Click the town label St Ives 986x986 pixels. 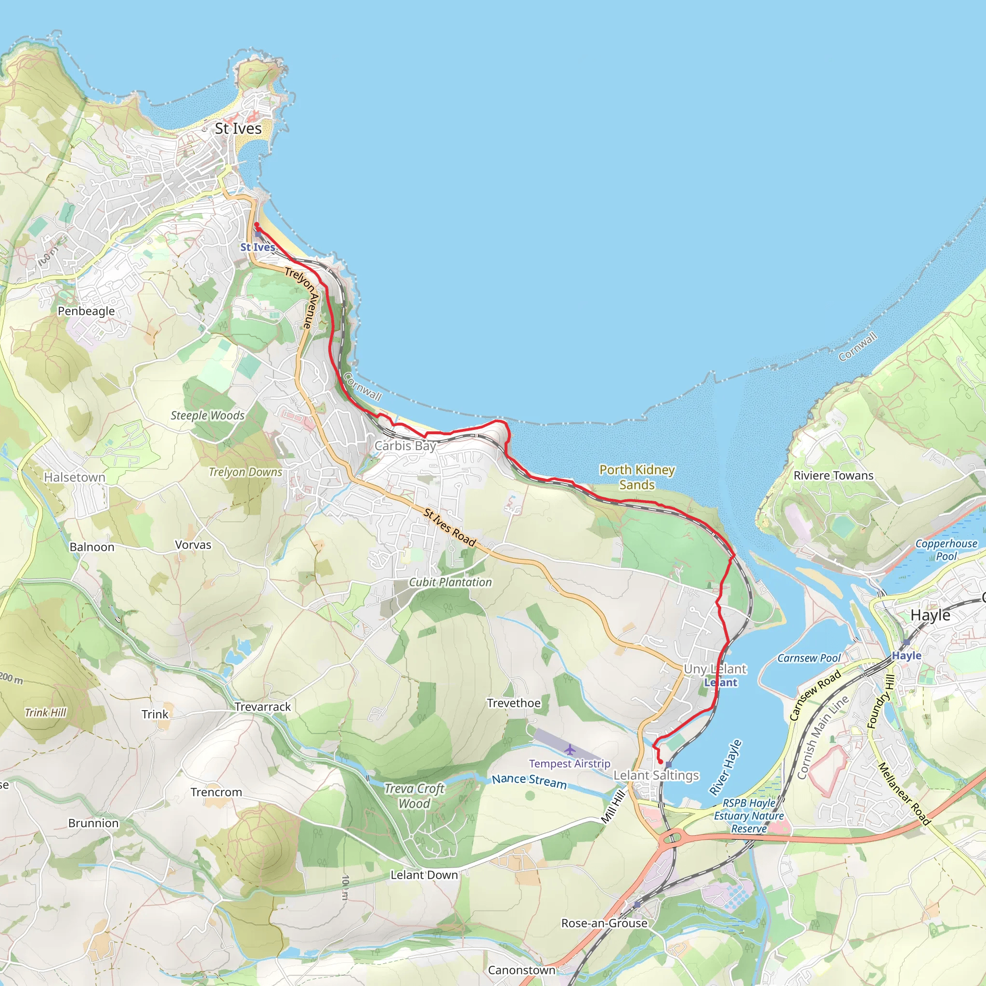tap(238, 129)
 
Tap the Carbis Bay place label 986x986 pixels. tap(405, 445)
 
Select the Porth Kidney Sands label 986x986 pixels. tap(637, 477)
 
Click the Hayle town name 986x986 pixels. tap(930, 615)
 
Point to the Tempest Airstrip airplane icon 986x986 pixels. tap(570, 750)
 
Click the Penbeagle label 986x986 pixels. tap(86, 311)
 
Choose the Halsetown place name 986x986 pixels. tap(75, 477)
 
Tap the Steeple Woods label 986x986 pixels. tap(208, 415)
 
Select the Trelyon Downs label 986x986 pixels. tap(246, 472)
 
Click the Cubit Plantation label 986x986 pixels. tap(451, 583)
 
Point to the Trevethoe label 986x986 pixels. tap(514, 703)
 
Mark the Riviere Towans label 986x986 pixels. tap(833, 476)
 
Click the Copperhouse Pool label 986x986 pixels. tap(946, 550)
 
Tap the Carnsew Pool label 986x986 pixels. tap(809, 658)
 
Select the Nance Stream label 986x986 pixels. tap(529, 781)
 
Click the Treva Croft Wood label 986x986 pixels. tap(415, 796)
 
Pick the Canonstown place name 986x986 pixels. tap(521, 970)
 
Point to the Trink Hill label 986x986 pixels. tap(45, 713)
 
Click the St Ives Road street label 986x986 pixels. tap(450, 527)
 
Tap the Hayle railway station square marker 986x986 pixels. tap(907, 643)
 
